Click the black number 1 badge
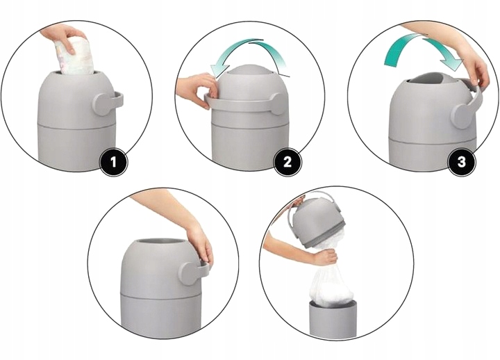tap(114, 163)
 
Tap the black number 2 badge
tap(287, 162)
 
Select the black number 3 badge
tap(461, 162)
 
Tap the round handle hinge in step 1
tap(103, 104)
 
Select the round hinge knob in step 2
tap(277, 104)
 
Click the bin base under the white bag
tap(333, 318)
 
